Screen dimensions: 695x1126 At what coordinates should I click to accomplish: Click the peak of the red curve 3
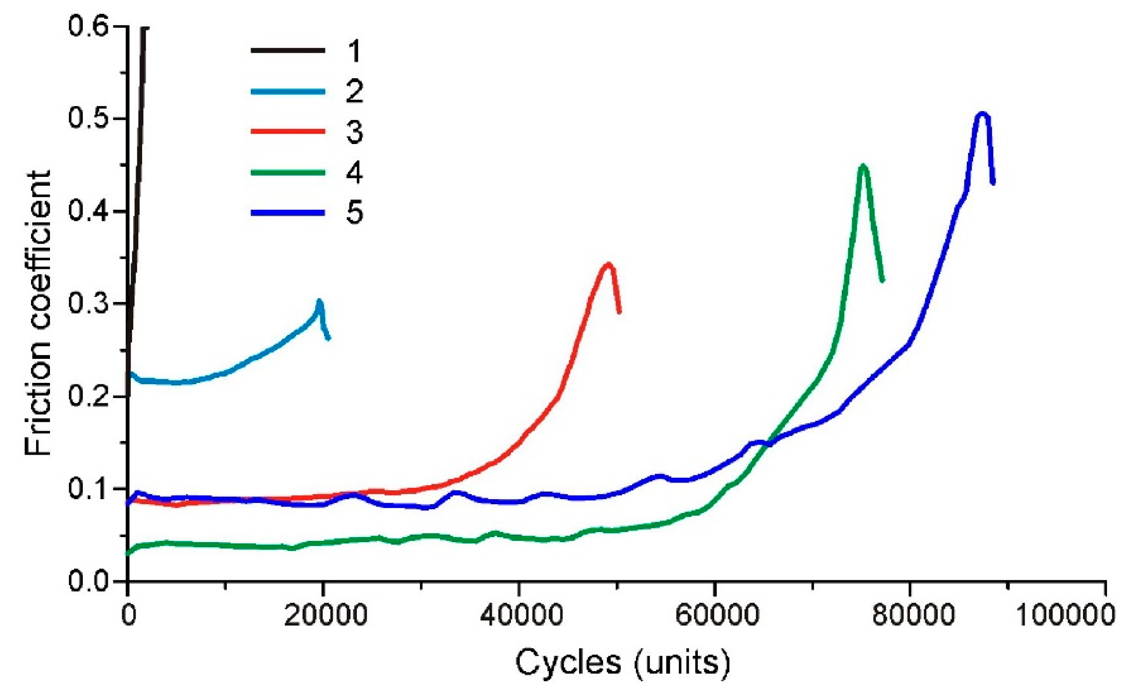coord(609,265)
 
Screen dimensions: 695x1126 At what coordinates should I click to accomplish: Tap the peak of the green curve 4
coord(863,166)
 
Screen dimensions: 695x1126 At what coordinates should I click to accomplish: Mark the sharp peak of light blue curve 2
coord(319,301)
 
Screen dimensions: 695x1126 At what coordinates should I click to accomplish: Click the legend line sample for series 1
coord(287,50)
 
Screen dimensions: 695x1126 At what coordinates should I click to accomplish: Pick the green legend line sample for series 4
coord(287,172)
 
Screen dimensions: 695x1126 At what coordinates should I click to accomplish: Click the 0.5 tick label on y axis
coord(88,119)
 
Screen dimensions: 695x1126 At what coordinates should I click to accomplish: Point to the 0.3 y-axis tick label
coord(88,304)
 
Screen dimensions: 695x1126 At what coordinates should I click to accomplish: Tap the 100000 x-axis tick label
coord(1064,616)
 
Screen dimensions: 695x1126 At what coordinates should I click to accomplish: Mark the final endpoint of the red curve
coord(619,313)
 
